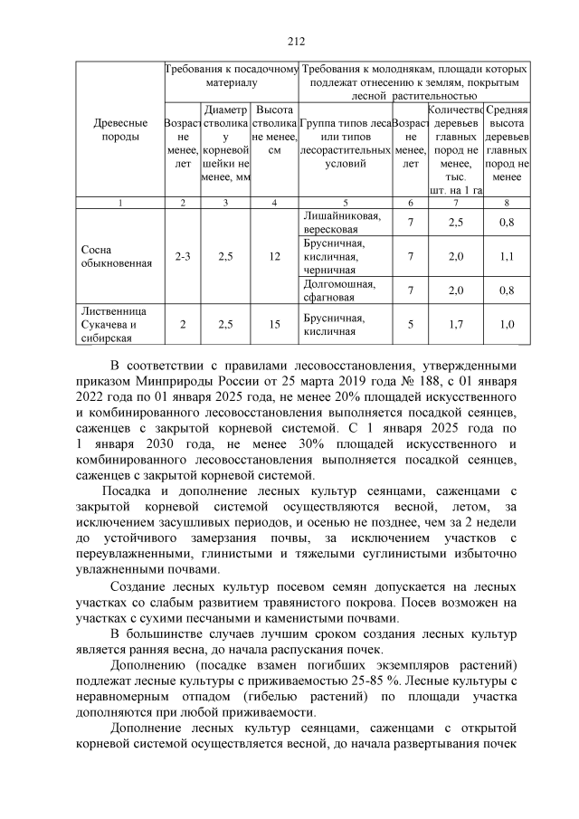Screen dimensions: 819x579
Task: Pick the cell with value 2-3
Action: (183, 257)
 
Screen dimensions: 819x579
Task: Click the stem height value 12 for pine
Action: (275, 257)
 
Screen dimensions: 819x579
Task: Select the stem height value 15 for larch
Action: (275, 324)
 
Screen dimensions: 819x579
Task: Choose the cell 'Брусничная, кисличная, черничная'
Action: (335, 257)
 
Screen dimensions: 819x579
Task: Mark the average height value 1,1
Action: (507, 257)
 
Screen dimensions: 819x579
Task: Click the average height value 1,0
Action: (507, 324)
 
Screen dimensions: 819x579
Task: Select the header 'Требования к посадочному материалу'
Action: (231, 75)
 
